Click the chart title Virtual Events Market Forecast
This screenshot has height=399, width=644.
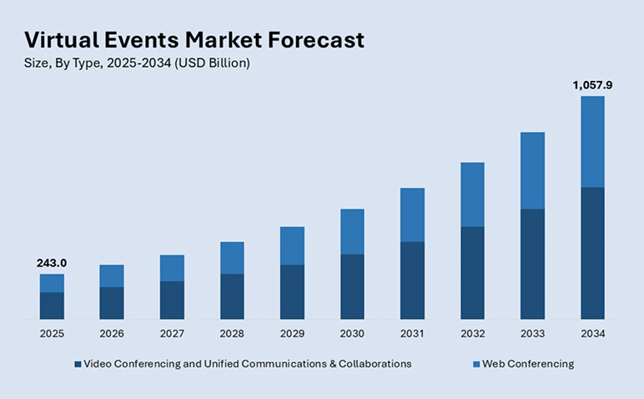pos(194,39)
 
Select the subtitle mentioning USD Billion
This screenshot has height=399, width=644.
pos(137,63)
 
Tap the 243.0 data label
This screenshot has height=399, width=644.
pos(52,263)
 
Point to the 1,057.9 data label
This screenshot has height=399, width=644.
pos(591,84)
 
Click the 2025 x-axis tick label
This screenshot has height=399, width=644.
pos(52,333)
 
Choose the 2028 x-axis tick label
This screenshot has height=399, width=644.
pos(232,333)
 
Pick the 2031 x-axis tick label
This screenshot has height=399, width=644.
pos(412,333)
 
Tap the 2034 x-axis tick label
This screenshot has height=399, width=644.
pos(592,333)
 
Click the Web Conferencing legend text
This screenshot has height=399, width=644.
pos(529,364)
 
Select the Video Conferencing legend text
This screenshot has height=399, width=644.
pos(248,364)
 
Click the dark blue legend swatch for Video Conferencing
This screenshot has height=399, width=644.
pos(78,365)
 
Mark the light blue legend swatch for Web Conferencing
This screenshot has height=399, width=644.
pos(476,365)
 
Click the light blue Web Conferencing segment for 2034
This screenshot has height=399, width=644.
pos(592,141)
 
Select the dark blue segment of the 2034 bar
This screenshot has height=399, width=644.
pos(592,253)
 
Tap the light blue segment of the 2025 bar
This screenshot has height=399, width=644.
pos(52,283)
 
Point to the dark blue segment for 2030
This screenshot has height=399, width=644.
pos(352,286)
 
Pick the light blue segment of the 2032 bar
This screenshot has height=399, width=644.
pos(472,194)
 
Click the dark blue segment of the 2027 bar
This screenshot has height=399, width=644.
pos(172,300)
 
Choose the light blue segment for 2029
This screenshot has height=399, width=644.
pos(292,245)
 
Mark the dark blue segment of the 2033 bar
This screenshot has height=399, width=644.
pos(532,264)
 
